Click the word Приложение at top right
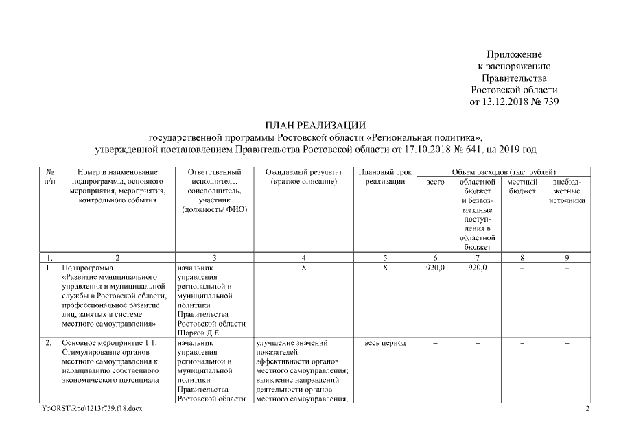515,54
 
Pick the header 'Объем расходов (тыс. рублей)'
504,171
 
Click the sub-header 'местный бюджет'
522,186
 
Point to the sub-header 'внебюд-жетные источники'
567,191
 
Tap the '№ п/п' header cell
49,176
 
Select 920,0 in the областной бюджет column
478,268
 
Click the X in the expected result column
303,268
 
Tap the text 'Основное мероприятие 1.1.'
110,343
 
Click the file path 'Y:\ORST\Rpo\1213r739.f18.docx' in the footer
92,409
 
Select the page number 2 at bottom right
587,409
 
